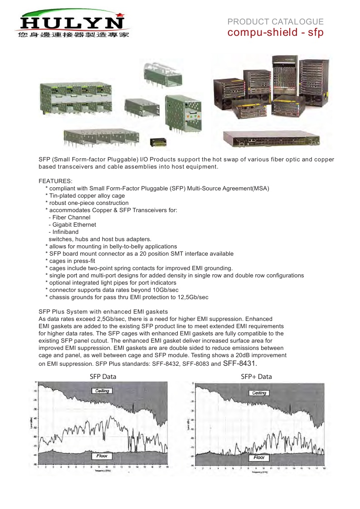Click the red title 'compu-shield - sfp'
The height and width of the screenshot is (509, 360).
pyautogui.click(x=275, y=33)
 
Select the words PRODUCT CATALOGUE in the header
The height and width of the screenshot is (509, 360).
pyautogui.click(x=275, y=22)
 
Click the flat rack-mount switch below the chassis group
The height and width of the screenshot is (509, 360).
pyautogui.click(x=272, y=138)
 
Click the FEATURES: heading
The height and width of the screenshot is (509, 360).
pyautogui.click(x=52, y=181)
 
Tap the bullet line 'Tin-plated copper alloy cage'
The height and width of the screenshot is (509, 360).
pyautogui.click(x=87, y=195)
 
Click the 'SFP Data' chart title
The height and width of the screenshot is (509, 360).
pyautogui.click(x=102, y=376)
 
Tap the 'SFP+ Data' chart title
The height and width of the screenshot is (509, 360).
pyautogui.click(x=256, y=376)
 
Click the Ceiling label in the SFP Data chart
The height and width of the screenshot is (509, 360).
pyautogui.click(x=102, y=391)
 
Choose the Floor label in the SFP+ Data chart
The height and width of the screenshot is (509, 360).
pyautogui.click(x=259, y=457)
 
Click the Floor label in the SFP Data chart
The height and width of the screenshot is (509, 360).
pyautogui.click(x=102, y=456)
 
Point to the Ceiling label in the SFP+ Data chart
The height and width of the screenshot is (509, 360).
pyautogui.click(x=259, y=393)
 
